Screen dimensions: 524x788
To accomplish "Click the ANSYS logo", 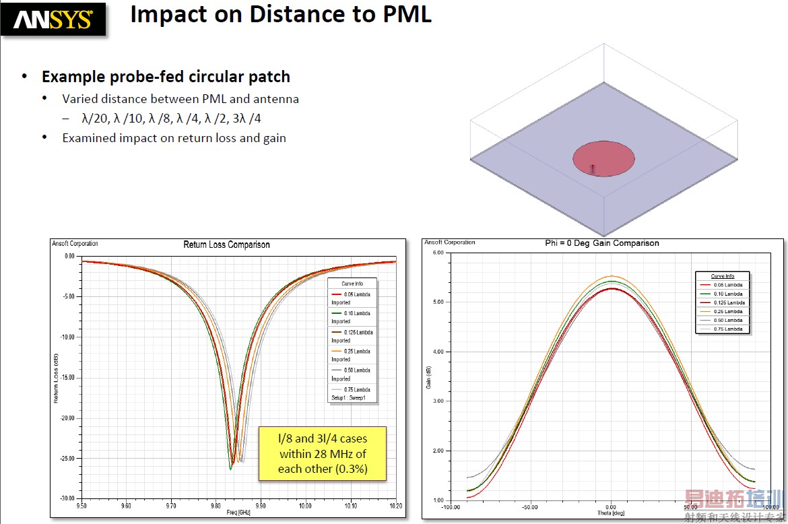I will tap(53, 19).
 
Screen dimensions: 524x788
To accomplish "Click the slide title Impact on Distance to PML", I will tap(280, 14).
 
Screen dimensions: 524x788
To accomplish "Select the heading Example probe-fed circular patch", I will tap(166, 77).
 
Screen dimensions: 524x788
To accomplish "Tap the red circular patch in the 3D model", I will tap(603, 158).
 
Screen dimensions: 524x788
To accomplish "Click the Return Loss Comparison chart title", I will tap(226, 244).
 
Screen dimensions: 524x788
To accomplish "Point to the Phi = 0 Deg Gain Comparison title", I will tap(601, 243).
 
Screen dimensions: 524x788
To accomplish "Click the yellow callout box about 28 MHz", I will tap(323, 453).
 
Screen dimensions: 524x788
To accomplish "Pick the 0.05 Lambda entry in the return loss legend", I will tap(356, 294).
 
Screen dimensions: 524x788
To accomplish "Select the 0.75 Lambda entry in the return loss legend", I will tap(356, 389).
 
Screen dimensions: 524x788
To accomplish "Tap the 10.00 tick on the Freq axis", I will tap(305, 505).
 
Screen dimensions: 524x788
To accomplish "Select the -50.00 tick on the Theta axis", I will tap(529, 506).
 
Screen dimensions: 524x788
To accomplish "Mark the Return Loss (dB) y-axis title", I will tap(57, 377).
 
